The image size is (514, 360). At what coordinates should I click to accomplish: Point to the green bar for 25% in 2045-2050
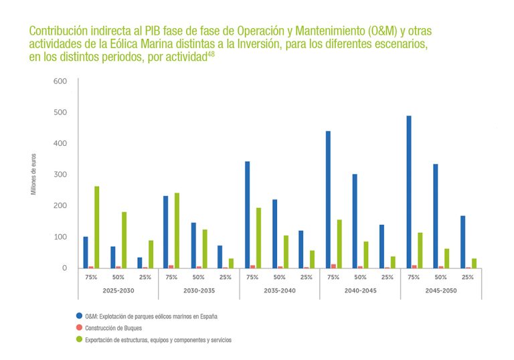(474, 263)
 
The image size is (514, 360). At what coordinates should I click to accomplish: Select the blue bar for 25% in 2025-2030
(140, 263)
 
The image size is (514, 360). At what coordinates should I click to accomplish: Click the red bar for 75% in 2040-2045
(334, 266)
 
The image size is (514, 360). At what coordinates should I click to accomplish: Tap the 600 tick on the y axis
(60, 81)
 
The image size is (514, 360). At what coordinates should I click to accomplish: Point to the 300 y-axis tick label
(60, 174)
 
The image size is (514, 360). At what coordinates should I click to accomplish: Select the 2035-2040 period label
(279, 290)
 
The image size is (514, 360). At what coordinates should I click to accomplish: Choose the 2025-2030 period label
(118, 290)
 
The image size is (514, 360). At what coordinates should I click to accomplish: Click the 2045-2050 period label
(441, 290)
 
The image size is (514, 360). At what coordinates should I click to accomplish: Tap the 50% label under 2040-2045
(360, 277)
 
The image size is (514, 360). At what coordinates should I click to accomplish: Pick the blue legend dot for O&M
(79, 315)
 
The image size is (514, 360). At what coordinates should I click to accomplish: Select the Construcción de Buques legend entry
(114, 327)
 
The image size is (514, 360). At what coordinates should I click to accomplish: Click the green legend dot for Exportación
(79, 339)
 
